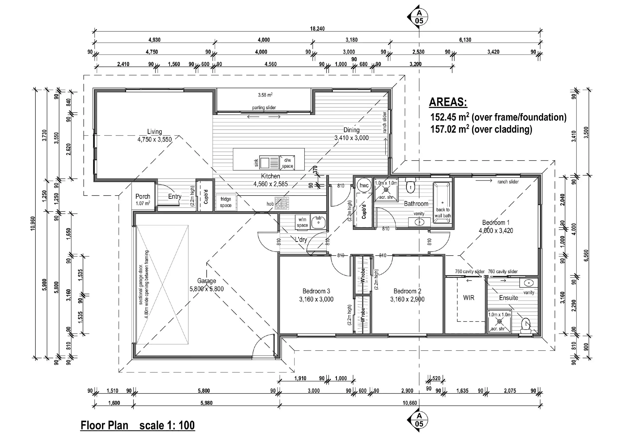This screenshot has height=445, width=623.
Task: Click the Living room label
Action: (155, 132)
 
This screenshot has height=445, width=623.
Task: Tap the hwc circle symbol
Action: (364, 185)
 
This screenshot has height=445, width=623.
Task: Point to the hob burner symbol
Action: (282, 204)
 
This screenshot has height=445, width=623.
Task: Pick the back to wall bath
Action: (442, 203)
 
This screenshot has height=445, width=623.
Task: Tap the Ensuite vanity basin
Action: (529, 283)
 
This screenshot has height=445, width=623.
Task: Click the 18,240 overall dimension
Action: (317, 28)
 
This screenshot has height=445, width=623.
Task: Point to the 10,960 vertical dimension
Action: (33, 223)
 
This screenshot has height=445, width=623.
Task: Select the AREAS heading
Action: (448, 102)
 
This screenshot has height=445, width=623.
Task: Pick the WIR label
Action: (468, 298)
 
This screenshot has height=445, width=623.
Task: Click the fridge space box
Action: (226, 202)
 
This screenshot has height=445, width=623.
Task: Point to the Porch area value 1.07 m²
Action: (143, 203)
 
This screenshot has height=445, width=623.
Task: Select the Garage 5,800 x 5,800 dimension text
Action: (207, 289)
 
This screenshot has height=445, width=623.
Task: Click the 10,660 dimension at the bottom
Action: (410, 403)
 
